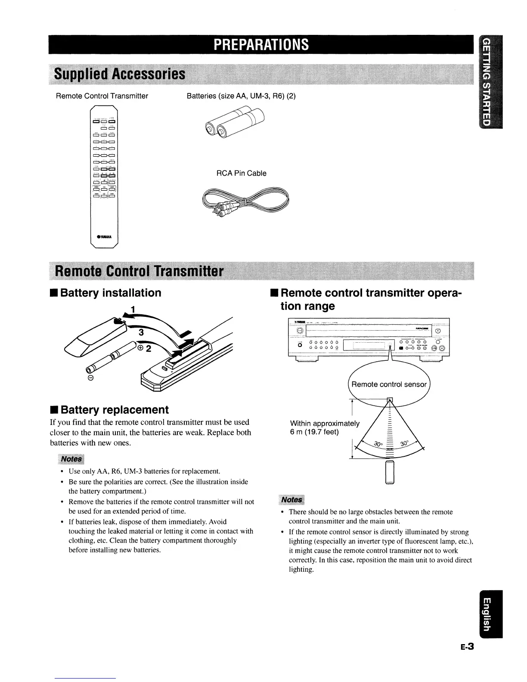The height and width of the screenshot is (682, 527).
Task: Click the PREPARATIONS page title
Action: tap(261, 45)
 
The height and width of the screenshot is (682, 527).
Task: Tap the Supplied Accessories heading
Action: tap(119, 74)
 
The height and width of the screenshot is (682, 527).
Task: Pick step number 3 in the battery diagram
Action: tap(141, 332)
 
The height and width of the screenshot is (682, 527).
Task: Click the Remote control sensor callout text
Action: tap(389, 384)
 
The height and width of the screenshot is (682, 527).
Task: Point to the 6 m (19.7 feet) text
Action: tap(314, 432)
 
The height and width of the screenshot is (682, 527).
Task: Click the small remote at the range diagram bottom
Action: tap(390, 473)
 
